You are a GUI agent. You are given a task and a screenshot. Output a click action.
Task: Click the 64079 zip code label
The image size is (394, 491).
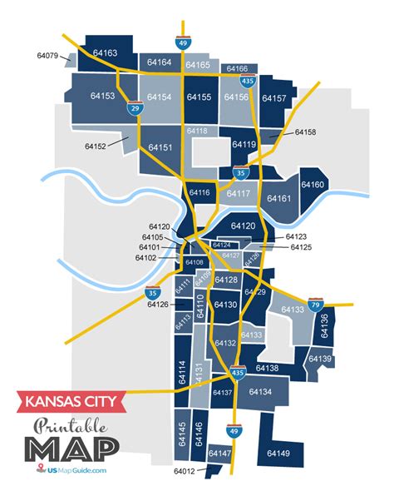point(47,57)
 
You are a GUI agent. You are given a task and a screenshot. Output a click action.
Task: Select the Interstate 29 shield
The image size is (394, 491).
point(134,108)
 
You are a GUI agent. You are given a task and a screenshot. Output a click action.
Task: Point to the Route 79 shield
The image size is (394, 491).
point(315,305)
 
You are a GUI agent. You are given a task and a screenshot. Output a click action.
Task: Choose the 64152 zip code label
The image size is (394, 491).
point(96,146)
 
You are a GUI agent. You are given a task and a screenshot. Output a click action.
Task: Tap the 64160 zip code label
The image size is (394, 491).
point(313,185)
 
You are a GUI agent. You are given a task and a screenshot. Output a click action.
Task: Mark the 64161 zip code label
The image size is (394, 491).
point(278,199)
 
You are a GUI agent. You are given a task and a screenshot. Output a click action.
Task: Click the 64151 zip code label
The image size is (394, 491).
point(160,147)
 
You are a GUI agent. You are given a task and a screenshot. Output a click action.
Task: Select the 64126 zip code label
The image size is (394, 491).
point(159,304)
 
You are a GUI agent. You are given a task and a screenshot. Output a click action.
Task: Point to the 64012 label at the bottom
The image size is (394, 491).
point(185,471)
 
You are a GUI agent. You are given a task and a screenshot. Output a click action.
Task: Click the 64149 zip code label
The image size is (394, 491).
point(278,453)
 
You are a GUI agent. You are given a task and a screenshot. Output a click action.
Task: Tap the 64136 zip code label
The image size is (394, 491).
point(325,320)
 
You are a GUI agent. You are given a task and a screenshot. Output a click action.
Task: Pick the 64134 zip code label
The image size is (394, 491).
point(260,391)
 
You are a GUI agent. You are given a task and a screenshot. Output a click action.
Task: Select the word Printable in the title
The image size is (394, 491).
point(70,427)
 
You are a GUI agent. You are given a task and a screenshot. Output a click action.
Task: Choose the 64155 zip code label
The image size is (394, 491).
point(199,97)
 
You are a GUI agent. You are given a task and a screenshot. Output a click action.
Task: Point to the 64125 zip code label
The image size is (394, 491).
point(300,248)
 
